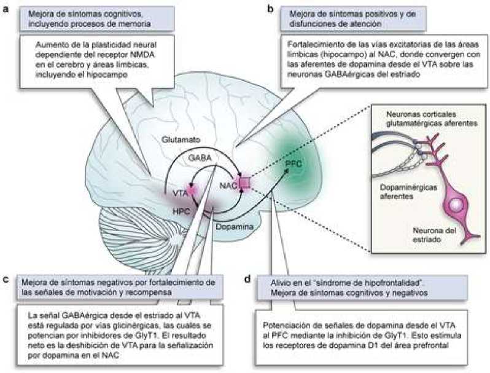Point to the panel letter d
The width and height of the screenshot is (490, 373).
click(x=247, y=280)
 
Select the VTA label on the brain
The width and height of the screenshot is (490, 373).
click(x=180, y=193)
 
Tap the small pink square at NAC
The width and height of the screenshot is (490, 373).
click(x=245, y=182)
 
